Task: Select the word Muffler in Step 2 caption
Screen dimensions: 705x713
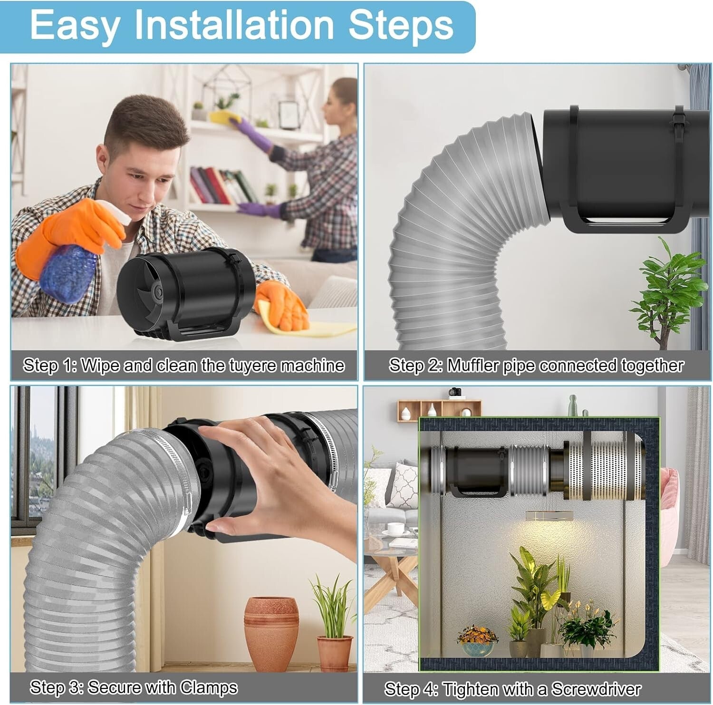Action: pyautogui.click(x=478, y=366)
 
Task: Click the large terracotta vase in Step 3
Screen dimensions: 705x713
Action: pyautogui.click(x=271, y=632)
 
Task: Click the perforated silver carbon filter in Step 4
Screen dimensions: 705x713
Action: pyautogui.click(x=604, y=471)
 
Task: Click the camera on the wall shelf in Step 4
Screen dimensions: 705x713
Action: pyautogui.click(x=455, y=392)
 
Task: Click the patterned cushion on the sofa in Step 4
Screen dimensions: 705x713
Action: pyautogui.click(x=403, y=485)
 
